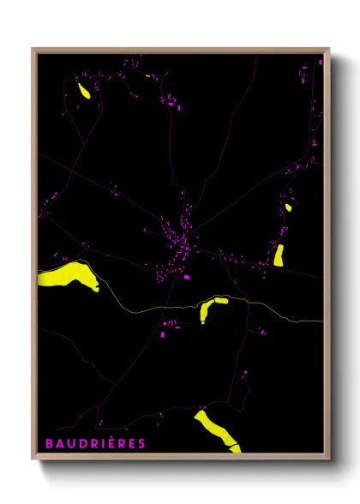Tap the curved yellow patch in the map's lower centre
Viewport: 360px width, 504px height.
[209, 308]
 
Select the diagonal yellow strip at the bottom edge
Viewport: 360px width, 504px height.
[216, 429]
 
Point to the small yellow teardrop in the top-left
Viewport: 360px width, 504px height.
[83, 90]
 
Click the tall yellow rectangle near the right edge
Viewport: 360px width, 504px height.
[279, 255]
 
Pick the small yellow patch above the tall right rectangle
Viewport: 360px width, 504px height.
[288, 207]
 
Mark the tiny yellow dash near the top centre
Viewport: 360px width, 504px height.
[149, 76]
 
